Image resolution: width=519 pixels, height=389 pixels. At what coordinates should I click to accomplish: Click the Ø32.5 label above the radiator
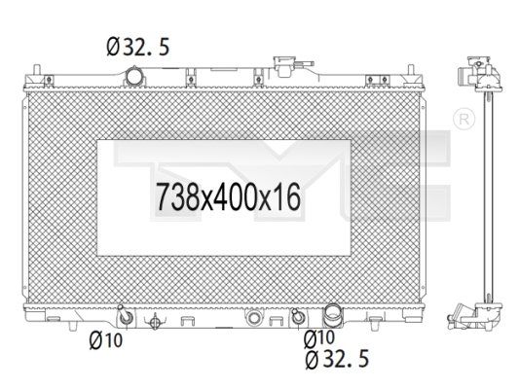(138, 47)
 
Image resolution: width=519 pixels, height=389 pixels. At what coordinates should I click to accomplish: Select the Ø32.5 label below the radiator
(337, 359)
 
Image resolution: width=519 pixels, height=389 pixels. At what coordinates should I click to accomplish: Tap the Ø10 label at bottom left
(106, 340)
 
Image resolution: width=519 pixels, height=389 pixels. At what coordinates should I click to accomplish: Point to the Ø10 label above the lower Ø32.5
(319, 338)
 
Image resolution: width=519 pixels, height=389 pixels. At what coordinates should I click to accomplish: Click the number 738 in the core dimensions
(176, 197)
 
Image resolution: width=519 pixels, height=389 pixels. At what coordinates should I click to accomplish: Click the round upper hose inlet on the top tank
(134, 76)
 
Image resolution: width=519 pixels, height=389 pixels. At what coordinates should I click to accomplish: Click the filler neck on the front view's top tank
(284, 66)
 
